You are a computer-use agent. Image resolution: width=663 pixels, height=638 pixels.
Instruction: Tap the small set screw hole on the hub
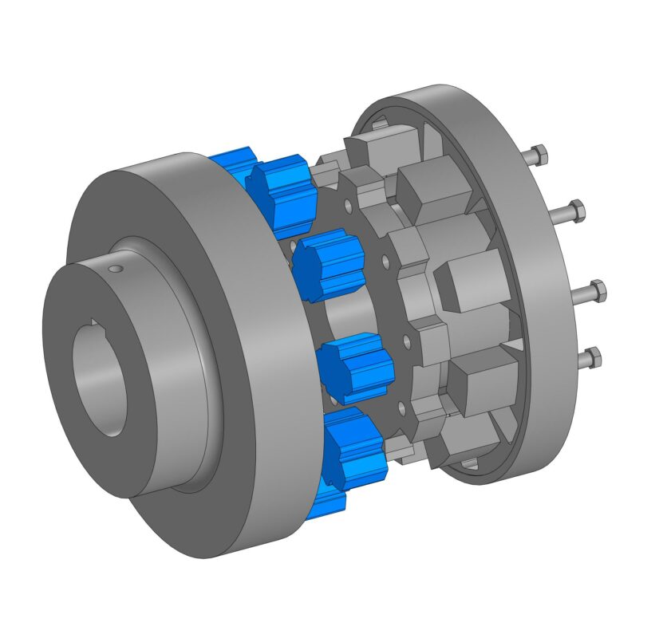(116, 269)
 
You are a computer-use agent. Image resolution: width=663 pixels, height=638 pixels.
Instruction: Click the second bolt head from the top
(576, 211)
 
